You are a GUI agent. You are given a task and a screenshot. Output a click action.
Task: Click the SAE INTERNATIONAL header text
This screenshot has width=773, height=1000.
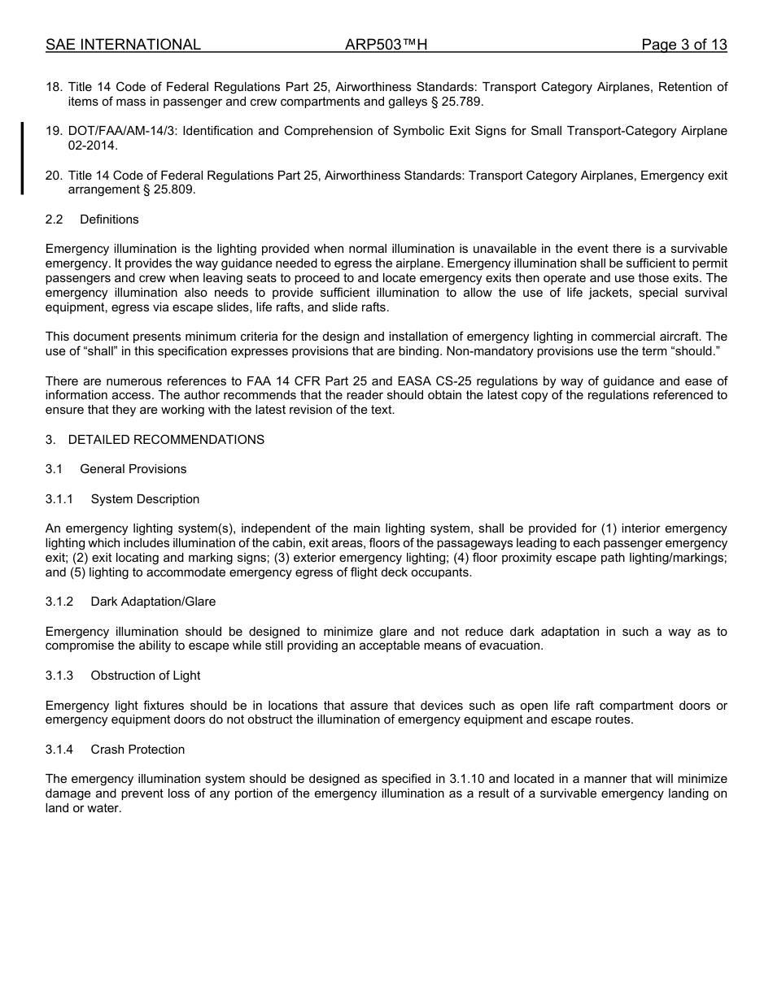point(123,45)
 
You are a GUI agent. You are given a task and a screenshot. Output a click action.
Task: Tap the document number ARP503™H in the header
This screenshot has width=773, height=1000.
point(386,45)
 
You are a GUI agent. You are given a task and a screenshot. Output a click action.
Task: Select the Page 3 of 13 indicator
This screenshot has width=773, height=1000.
point(683,45)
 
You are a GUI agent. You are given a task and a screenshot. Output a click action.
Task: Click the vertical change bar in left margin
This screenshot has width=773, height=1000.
point(23,159)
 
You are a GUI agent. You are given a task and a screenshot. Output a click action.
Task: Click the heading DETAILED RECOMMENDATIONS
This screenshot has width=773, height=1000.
point(166,440)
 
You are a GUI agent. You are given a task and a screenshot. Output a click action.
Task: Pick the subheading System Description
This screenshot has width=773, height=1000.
point(145,499)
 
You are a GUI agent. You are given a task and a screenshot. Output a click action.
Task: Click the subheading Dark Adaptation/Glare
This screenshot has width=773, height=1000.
point(153,602)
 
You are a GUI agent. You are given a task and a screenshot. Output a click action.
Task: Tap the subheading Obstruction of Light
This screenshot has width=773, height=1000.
point(145,676)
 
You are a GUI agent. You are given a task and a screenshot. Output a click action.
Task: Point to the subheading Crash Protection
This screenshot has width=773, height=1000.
point(138,750)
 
